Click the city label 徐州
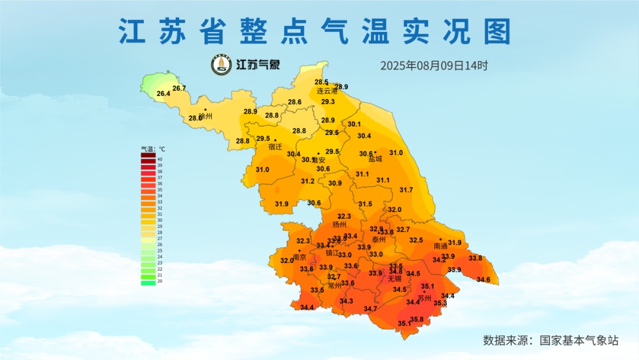pyautogui.click(x=205, y=117)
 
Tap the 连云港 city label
pyautogui.click(x=327, y=91)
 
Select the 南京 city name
pyautogui.click(x=299, y=258)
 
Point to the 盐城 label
pyautogui.click(x=375, y=159)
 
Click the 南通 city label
pyautogui.click(x=440, y=246)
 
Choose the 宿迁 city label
pyautogui.click(x=275, y=146)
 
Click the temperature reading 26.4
pyautogui.click(x=163, y=94)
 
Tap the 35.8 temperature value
pyautogui.click(x=417, y=320)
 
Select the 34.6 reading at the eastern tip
pyautogui.click(x=483, y=279)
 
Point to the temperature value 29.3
pyautogui.click(x=328, y=102)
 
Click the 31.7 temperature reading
pyautogui.click(x=406, y=190)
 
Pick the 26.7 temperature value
pyautogui.click(x=179, y=88)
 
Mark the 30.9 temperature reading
pyautogui.click(x=335, y=184)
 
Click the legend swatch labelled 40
pyautogui.click(x=148, y=159)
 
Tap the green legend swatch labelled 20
pyautogui.click(x=148, y=282)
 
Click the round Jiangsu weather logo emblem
pyautogui.click(x=222, y=65)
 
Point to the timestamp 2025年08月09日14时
pyautogui.click(x=434, y=66)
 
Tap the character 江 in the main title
pyautogui.click(x=132, y=31)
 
